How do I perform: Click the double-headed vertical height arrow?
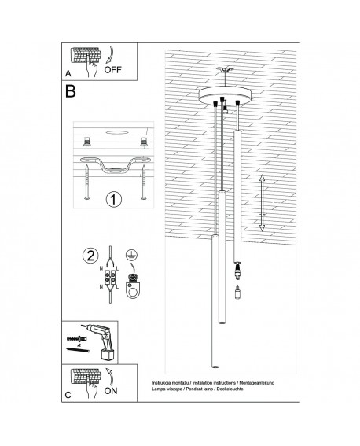262,202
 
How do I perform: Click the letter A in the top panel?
68,73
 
